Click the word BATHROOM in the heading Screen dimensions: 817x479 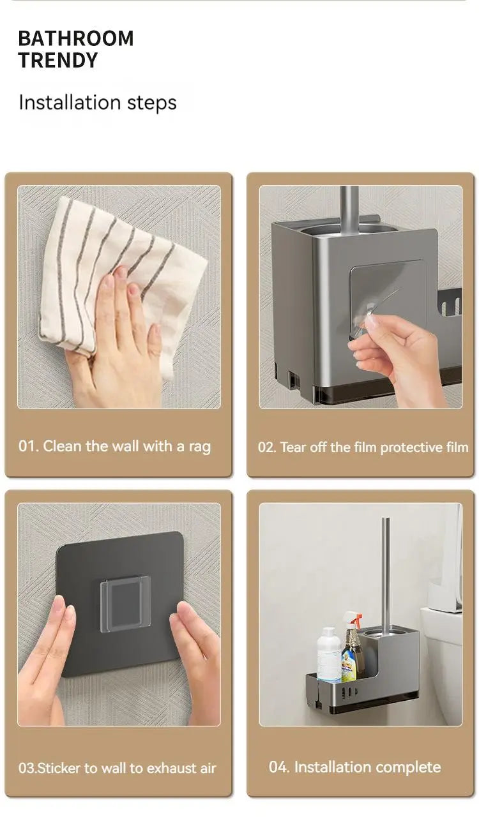click(75, 38)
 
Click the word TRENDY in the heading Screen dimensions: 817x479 click(58, 61)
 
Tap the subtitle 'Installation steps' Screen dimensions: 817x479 click(97, 103)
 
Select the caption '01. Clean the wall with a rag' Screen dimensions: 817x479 click(114, 446)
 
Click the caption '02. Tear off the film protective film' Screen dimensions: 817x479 click(363, 447)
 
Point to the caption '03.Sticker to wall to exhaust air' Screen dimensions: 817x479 click(117, 768)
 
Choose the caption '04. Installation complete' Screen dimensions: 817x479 click(354, 767)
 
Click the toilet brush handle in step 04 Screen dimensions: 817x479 click(386, 568)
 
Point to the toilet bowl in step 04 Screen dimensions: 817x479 click(441, 664)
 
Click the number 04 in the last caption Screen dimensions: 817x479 click(278, 767)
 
